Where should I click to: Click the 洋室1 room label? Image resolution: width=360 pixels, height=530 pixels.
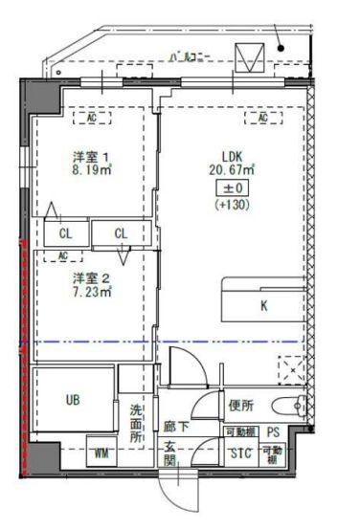click(93, 156)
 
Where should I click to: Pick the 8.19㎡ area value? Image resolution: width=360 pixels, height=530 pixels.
click(93, 171)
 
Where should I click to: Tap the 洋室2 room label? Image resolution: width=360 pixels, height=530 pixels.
click(93, 277)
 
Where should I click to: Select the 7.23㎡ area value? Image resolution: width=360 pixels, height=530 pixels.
click(93, 293)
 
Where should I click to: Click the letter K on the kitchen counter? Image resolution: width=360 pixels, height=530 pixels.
click(262, 307)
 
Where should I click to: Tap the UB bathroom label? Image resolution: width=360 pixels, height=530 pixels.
click(73, 401)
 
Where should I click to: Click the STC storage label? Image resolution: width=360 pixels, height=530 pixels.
click(240, 453)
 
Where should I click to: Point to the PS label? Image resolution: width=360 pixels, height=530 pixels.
click(273, 432)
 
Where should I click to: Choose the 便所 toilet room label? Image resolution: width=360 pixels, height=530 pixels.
click(241, 405)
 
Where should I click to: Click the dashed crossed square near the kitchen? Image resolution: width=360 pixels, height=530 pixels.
click(289, 369)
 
